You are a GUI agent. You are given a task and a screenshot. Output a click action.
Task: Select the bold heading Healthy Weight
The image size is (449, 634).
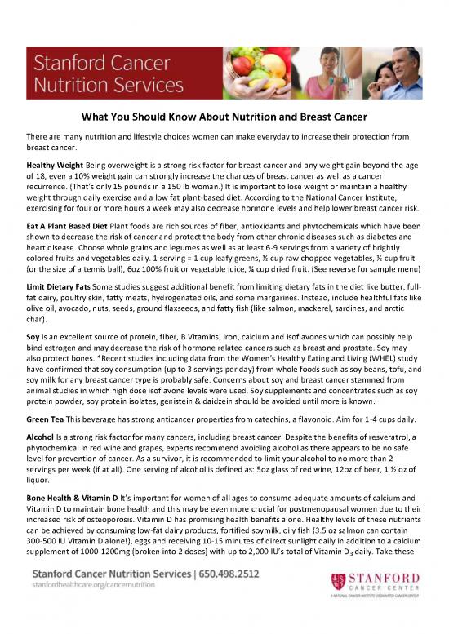pyautogui.click(x=51, y=164)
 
